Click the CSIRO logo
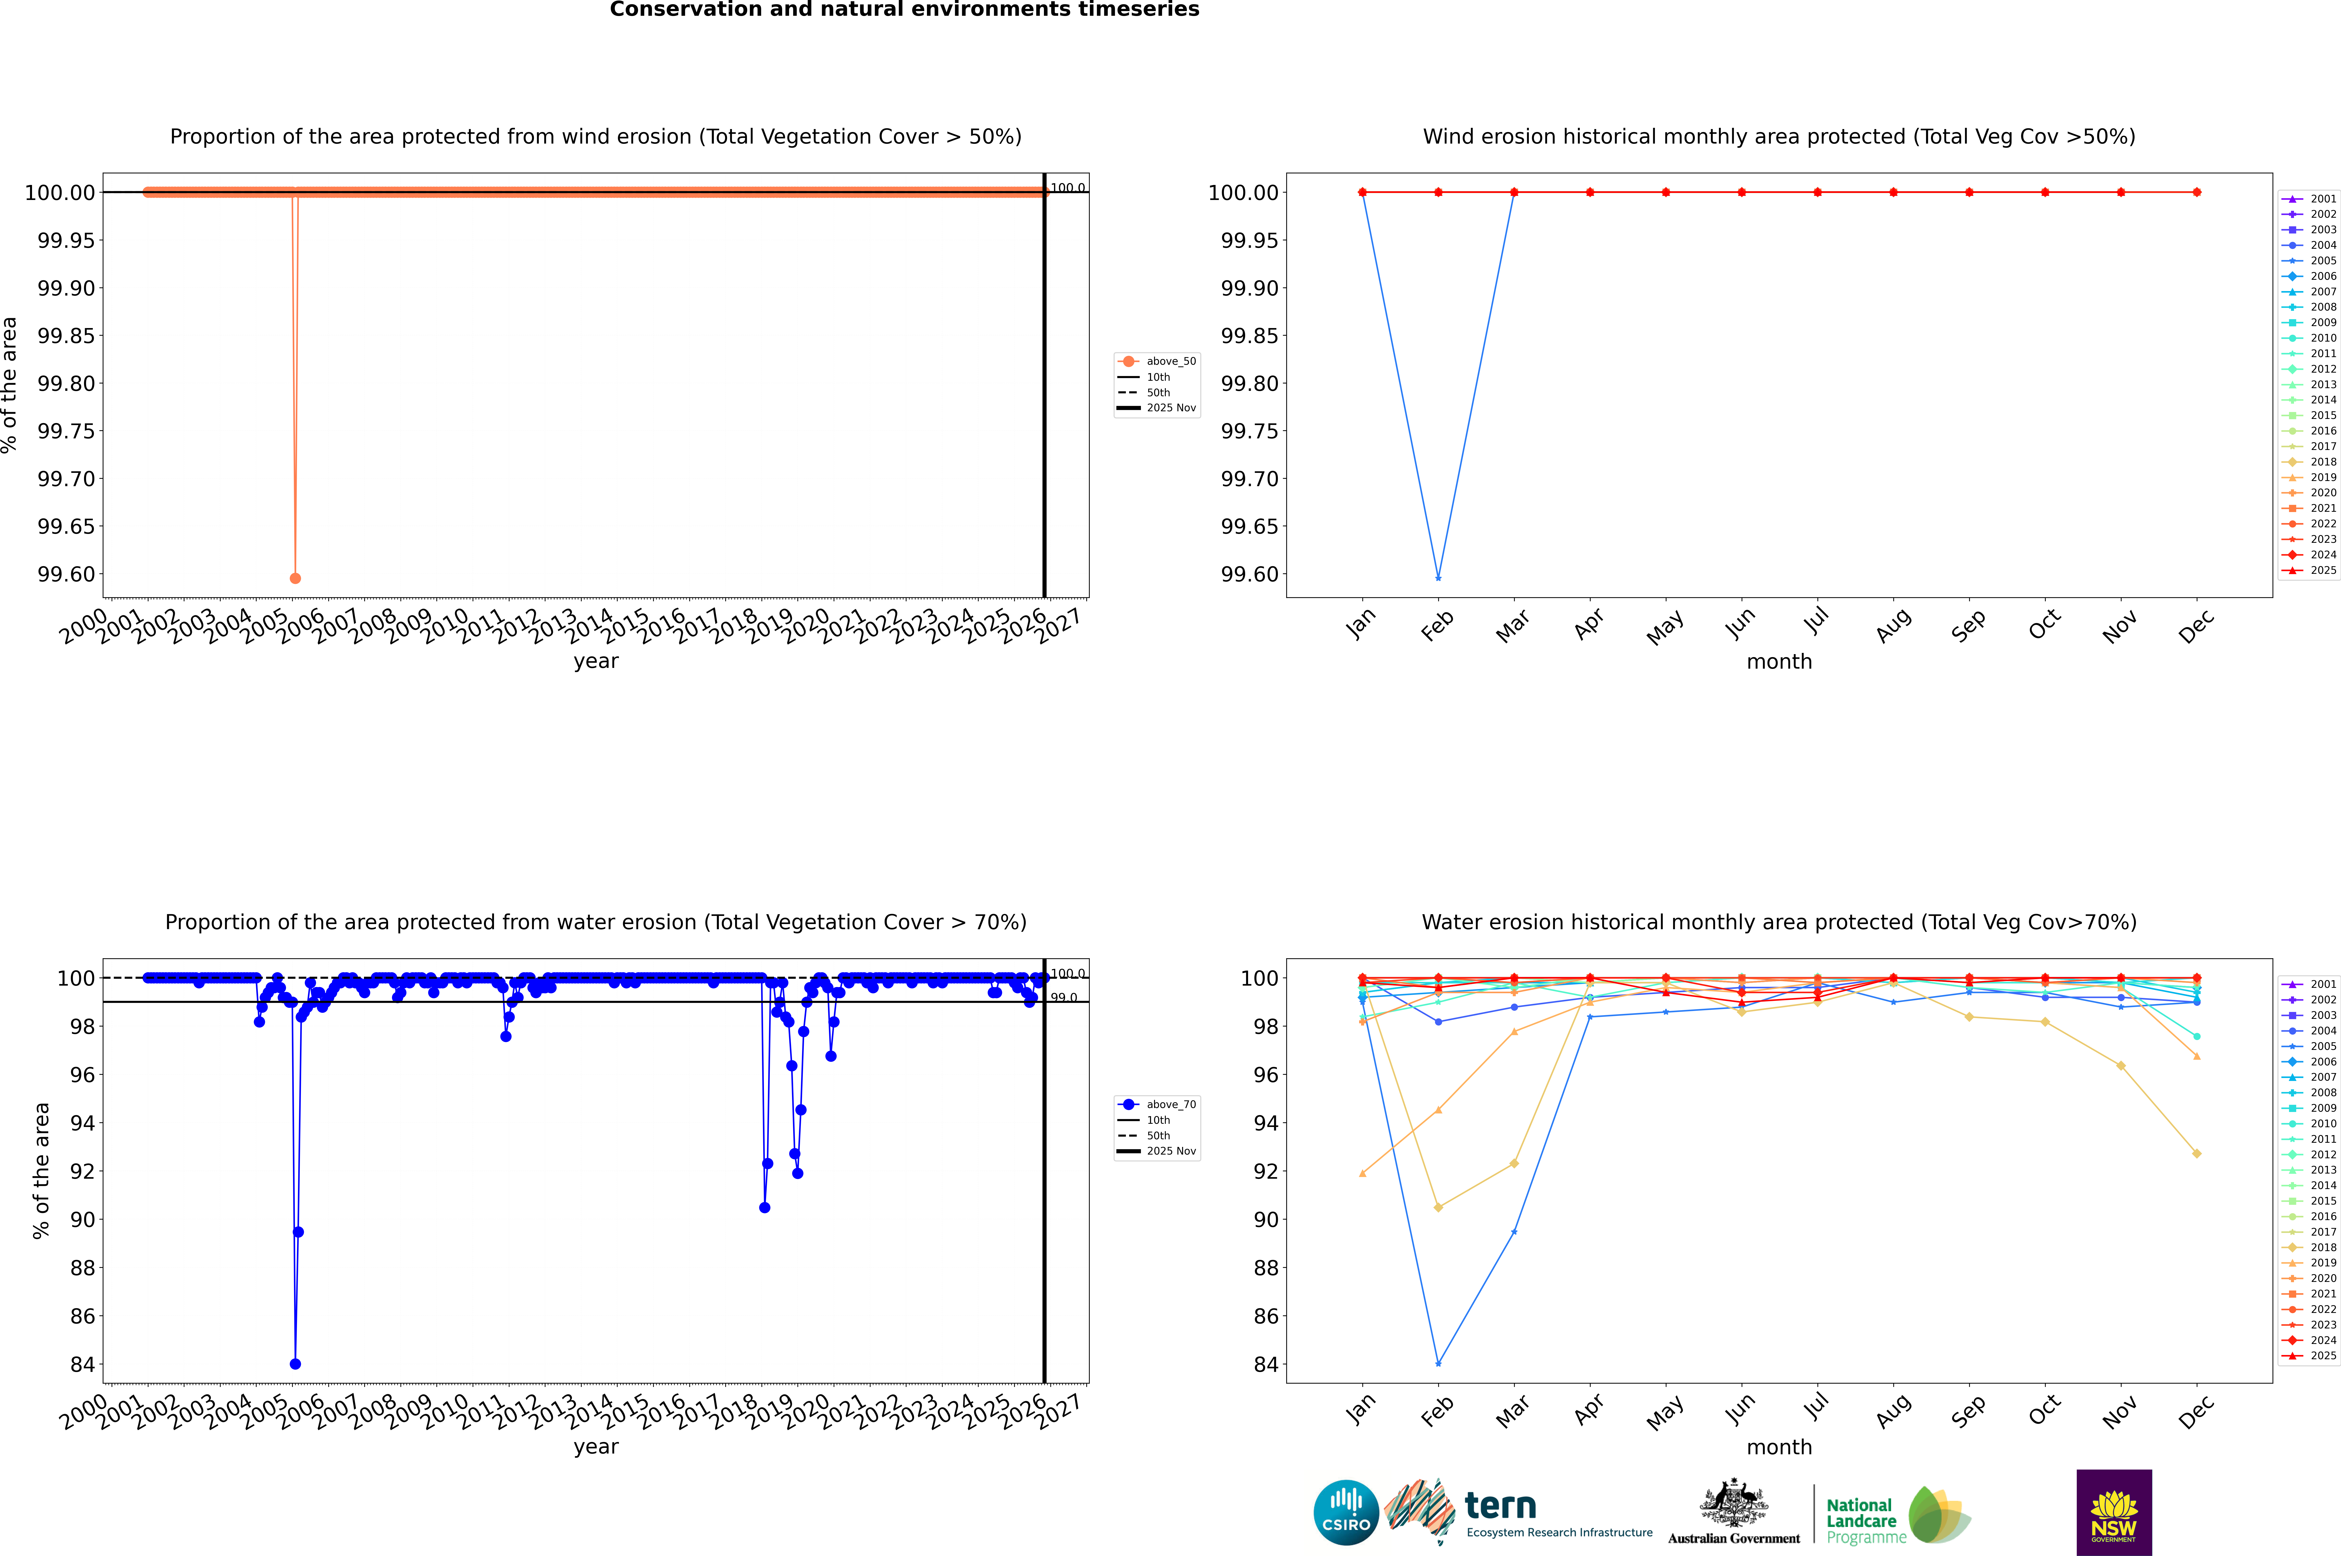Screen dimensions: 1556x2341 1346,1512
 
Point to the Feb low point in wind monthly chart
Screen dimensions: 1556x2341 1438,578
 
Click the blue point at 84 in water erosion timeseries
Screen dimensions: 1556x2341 295,1363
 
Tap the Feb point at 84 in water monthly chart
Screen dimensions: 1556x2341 1438,1363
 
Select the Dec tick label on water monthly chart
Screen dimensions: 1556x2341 2196,1411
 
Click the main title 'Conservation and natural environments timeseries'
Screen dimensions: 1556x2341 904,10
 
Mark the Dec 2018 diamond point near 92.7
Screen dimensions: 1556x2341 2196,1153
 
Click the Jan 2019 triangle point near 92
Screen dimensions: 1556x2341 1363,1173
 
